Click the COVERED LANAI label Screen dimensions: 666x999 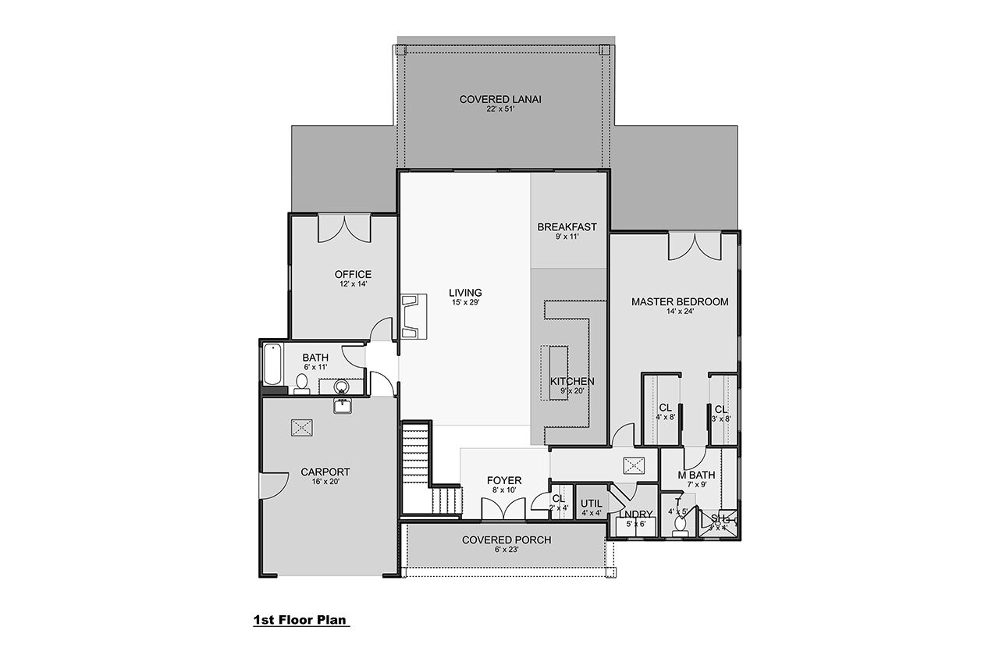click(x=500, y=99)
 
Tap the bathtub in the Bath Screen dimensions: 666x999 click(x=272, y=365)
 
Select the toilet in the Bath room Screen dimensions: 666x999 click(x=301, y=383)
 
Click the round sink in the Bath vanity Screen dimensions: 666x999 click(x=341, y=386)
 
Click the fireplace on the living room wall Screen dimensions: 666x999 click(x=413, y=316)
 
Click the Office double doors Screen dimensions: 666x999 click(x=343, y=228)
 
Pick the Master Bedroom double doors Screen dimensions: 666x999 click(x=693, y=245)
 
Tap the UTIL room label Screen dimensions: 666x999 click(x=591, y=503)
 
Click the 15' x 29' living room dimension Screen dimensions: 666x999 click(x=465, y=303)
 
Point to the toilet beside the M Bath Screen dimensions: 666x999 click(x=679, y=525)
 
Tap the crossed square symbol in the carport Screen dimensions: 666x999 click(x=301, y=427)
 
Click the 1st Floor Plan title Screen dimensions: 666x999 click(x=300, y=621)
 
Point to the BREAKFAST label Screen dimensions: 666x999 click(x=567, y=227)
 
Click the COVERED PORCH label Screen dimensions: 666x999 click(x=506, y=540)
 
